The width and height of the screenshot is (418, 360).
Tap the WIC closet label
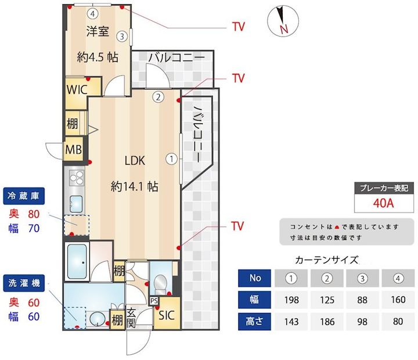[x=77, y=90]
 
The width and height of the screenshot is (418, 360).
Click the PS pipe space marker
[x=154, y=301]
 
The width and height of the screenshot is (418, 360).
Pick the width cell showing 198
[x=291, y=299]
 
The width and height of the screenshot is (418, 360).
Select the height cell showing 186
[x=327, y=321]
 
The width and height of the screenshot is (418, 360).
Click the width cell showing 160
[x=398, y=299]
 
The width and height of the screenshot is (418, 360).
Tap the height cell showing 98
[x=363, y=321]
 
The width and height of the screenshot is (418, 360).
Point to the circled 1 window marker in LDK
[x=172, y=158]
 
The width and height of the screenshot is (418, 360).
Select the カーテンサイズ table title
[x=327, y=260]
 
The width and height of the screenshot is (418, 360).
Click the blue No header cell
[x=255, y=278]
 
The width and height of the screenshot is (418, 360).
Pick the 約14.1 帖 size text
[x=135, y=186]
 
